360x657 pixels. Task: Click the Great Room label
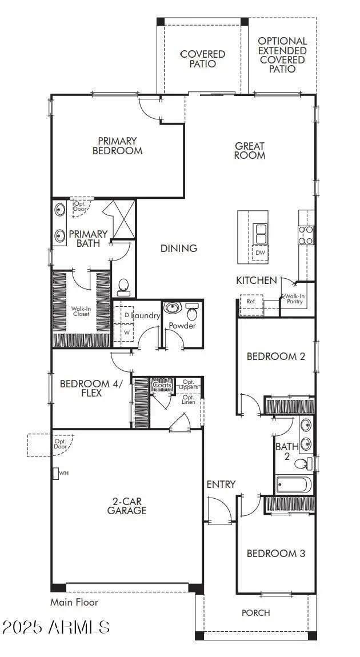250,150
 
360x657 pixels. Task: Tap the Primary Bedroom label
117,146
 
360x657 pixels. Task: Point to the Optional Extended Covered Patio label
282,55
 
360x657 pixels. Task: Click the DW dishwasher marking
261,253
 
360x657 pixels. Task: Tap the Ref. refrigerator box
251,302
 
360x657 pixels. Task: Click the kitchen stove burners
306,235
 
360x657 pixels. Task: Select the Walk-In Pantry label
295,299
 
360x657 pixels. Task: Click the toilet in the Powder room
192,312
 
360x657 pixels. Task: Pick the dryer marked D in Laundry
126,315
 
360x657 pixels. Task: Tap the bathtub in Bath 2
294,485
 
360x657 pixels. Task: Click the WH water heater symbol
57,474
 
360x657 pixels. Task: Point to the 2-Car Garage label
127,506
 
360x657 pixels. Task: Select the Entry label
221,484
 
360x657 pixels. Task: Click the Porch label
256,613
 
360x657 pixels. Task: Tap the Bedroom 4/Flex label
89,388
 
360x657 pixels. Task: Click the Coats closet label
162,385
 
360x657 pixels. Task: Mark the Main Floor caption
74,602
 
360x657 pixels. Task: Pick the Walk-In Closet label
81,311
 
